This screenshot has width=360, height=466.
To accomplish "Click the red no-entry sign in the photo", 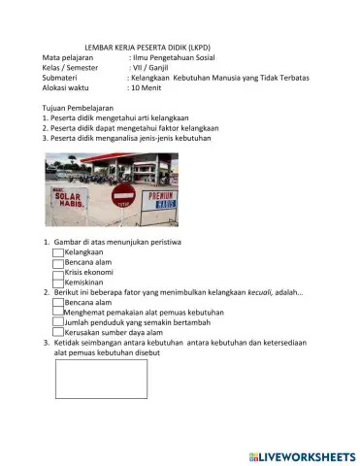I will point(123,195).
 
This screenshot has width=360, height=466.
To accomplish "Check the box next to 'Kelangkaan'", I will point(58,251).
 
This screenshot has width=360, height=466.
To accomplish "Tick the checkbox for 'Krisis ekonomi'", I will point(58,272).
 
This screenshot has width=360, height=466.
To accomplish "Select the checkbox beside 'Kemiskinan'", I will point(58,282).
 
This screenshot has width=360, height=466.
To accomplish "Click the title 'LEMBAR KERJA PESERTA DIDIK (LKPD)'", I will point(148,48).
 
